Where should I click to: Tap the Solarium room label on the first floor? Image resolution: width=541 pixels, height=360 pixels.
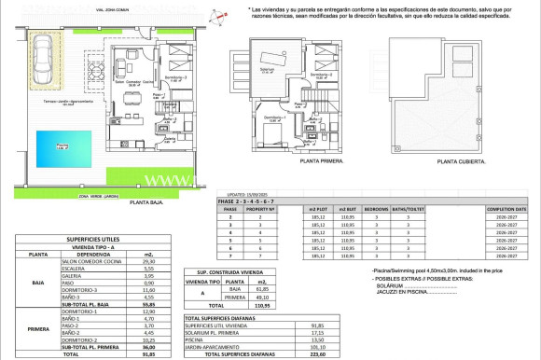coord(268,70)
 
